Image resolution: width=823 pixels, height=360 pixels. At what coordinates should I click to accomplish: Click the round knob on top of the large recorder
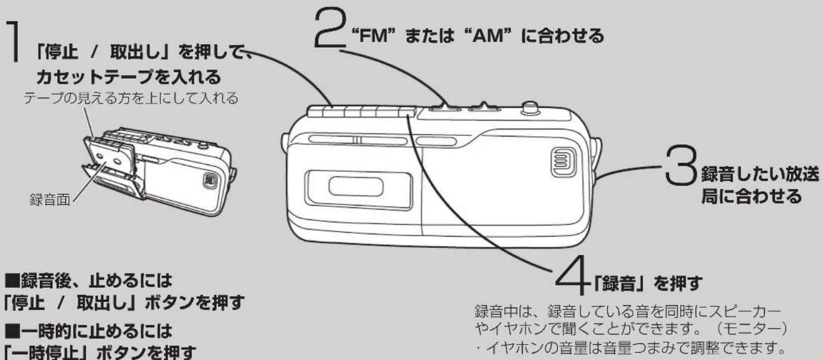point(529,109)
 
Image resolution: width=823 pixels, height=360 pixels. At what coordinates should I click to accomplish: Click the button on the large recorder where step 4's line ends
point(407,112)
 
